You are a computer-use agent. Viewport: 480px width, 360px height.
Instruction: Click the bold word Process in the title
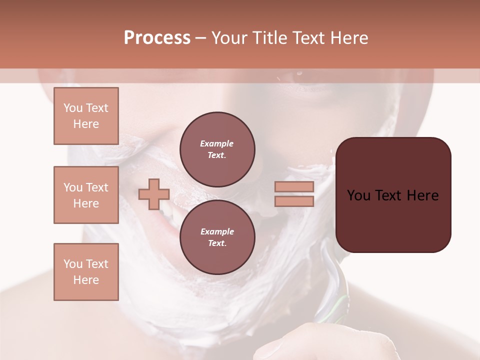tap(157, 38)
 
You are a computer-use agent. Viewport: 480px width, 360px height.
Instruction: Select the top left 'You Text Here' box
tap(86, 116)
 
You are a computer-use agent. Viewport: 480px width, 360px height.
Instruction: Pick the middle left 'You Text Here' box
tap(86, 195)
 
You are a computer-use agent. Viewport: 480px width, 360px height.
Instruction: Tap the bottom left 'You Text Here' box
tap(86, 272)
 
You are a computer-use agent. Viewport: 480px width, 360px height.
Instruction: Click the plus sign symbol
tap(154, 194)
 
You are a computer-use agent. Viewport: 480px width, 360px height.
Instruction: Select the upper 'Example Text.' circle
tap(217, 149)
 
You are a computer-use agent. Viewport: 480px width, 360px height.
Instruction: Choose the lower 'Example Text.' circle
tap(217, 237)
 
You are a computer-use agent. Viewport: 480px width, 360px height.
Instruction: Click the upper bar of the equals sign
tap(294, 186)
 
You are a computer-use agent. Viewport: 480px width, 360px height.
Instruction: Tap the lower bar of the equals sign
tap(294, 201)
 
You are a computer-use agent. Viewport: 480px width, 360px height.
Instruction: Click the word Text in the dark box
tap(392, 195)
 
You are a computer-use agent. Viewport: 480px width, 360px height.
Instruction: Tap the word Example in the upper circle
tap(217, 143)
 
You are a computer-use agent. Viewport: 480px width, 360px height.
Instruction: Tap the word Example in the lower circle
tap(217, 231)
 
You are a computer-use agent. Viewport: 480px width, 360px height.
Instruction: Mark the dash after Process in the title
tap(200, 38)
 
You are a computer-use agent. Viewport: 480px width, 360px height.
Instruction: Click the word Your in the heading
tap(229, 38)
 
